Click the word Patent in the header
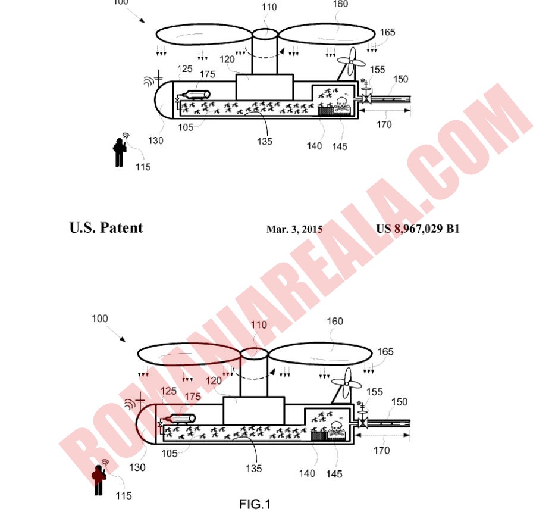pos(121,228)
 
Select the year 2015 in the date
pos(312,229)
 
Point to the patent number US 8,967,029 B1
pos(418,229)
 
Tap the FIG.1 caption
pos(255,504)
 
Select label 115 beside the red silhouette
pos(124,495)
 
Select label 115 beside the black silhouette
pos(143,167)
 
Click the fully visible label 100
pos(99,319)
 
